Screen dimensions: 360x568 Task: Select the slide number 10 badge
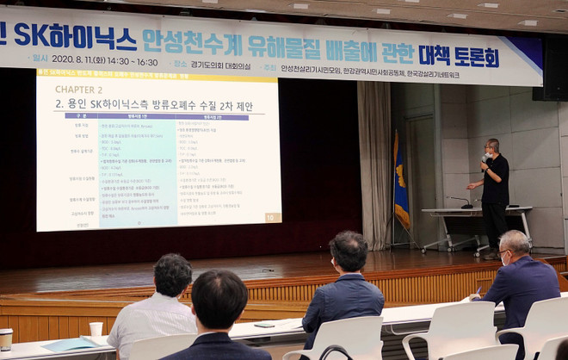pyautogui.click(x=271, y=219)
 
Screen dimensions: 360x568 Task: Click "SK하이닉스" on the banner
pyautogui.click(x=77, y=38)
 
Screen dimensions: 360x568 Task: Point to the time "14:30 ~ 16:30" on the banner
pyautogui.click(x=134, y=62)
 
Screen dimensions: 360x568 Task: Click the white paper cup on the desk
pyautogui.click(x=96, y=329)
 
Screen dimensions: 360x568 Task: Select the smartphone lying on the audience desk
pyautogui.click(x=264, y=325)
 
